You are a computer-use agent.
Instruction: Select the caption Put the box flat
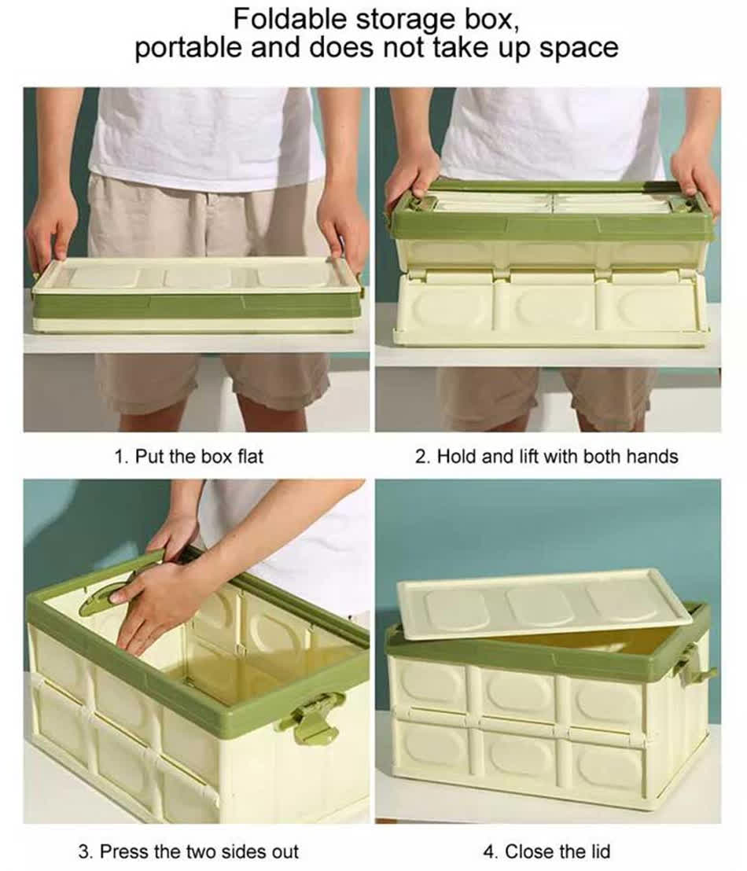coord(189,456)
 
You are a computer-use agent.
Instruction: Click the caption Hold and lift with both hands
coord(546,456)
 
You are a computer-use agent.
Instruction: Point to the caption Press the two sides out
coord(189,851)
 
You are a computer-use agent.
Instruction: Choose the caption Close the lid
coord(547,851)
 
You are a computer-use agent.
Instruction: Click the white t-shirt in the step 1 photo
coord(204,134)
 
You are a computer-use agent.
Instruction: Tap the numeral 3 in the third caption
coord(83,851)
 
